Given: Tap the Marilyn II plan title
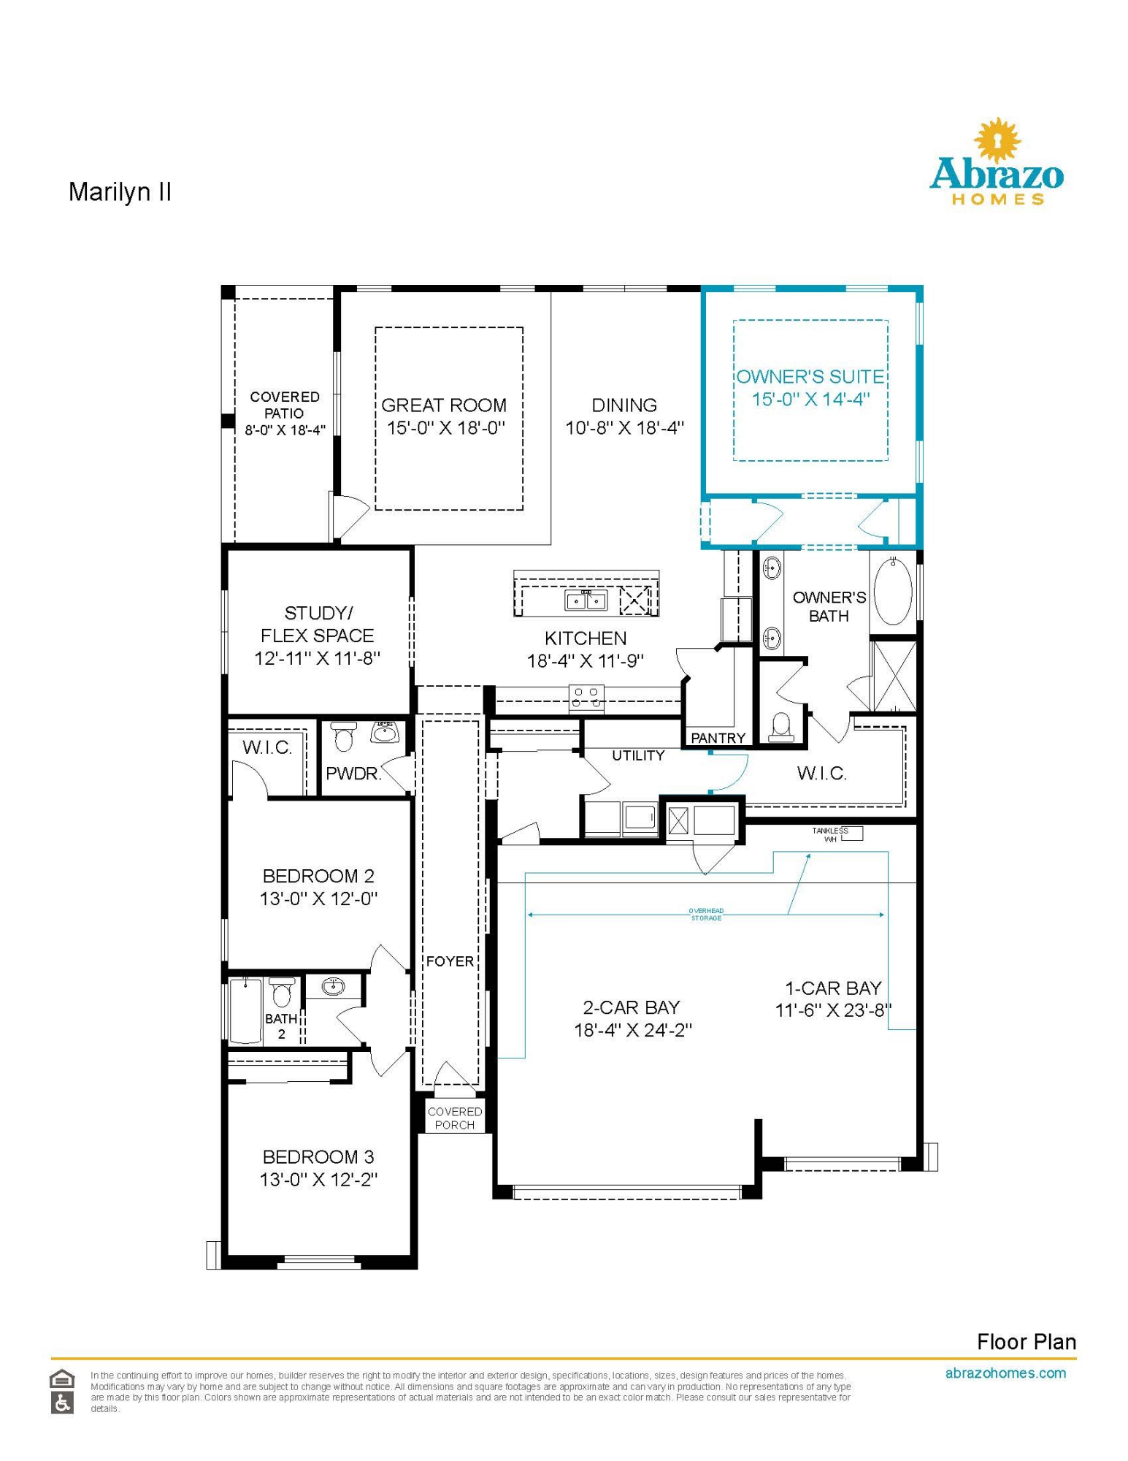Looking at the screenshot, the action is coord(120,192).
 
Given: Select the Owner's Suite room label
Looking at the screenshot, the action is coord(810,377).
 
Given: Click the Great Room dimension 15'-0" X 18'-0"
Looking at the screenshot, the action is coord(445,427).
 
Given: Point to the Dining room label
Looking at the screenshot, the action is coord(624,405).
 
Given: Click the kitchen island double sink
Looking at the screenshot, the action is coord(586,600).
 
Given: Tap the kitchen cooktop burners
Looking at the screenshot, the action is coord(586,697).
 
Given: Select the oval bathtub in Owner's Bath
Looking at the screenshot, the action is coord(892,591).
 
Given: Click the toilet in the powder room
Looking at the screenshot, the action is coord(343,736).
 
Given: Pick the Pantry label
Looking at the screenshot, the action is coord(718,738).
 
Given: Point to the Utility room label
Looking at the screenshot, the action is coord(638,755).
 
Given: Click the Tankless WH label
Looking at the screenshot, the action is coord(830,835).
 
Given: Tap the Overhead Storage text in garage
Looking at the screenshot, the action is coord(706,915).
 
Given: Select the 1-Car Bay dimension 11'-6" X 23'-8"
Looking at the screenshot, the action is coord(833,1010).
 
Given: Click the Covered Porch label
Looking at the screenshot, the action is coord(455,1118).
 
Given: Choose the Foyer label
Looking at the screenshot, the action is coord(450,961).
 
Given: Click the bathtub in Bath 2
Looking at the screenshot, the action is coord(245,1011).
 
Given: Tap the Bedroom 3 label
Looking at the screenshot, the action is coord(318,1157).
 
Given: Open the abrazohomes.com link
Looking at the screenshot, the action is coord(1005,1373).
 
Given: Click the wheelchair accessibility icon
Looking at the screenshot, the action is coord(62,1403).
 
